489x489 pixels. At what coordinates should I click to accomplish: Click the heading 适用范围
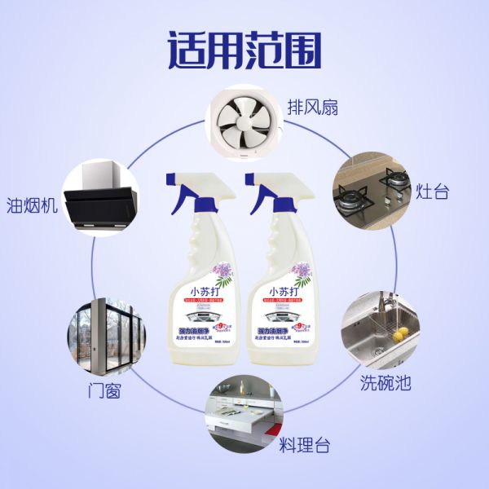point(244,51)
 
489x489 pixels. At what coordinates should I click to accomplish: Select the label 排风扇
point(311,107)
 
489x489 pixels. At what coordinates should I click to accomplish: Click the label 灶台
point(431,193)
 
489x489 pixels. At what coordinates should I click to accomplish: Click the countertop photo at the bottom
point(244,416)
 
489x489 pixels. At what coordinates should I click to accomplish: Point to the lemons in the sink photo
point(381,333)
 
